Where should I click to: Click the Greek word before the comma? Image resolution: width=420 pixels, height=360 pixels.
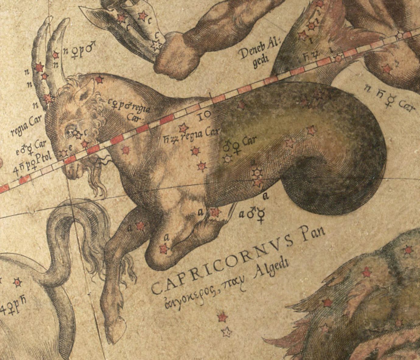click(188, 297)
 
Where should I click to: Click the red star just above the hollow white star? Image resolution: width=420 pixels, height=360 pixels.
click(222, 317)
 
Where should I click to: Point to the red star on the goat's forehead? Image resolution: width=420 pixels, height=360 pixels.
click(99, 80)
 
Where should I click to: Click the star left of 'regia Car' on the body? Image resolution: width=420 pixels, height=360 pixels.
click(183, 128)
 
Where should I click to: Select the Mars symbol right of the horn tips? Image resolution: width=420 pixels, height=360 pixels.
click(90, 48)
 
